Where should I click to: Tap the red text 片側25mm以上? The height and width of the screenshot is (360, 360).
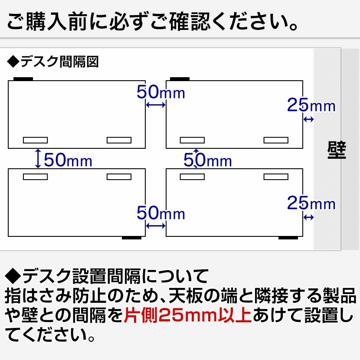click(187, 314)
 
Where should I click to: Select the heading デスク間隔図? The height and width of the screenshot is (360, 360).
click(53, 62)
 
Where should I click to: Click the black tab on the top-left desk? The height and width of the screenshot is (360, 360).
click(23, 79)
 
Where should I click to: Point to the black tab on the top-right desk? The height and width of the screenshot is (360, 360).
click(179, 79)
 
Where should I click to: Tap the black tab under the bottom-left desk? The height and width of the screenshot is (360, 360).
click(132, 238)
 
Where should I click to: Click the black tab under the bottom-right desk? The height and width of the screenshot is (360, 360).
click(288, 238)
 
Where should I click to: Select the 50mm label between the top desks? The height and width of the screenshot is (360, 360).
click(160, 92)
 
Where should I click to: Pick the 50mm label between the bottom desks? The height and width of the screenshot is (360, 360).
click(160, 213)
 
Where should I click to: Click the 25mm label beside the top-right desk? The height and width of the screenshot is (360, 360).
click(311, 105)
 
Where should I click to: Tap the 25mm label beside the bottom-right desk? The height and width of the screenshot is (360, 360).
click(311, 203)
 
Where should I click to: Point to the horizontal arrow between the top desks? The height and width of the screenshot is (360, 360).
click(156, 105)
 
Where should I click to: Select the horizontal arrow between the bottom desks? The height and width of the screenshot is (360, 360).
click(156, 226)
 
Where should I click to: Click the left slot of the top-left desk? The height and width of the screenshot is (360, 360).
click(35, 140)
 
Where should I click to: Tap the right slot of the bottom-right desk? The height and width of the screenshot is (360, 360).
click(276, 177)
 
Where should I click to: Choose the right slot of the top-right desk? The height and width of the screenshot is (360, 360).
click(276, 140)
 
